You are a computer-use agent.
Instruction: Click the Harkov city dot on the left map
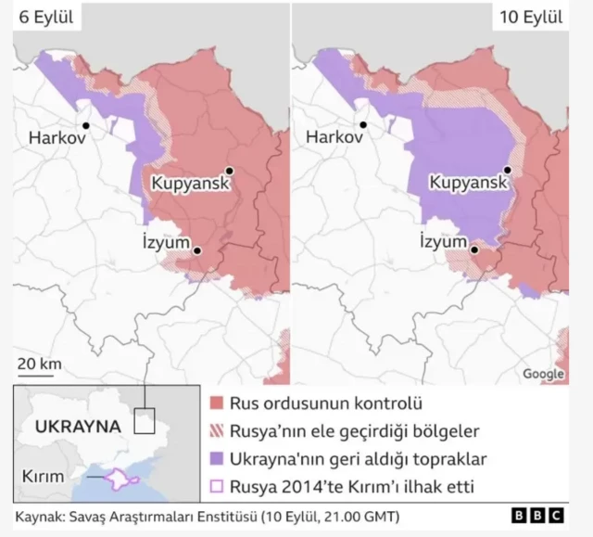coord(85,124)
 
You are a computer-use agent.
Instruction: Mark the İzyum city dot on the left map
coord(197,250)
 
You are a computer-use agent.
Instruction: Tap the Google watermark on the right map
coord(543,374)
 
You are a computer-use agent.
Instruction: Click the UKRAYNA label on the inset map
coord(77,427)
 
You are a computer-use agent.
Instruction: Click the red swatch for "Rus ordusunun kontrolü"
coord(217,404)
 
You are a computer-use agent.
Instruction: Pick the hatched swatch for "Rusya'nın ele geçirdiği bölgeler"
coord(217,431)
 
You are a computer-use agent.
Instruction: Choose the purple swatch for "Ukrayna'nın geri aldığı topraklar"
coord(217,458)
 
